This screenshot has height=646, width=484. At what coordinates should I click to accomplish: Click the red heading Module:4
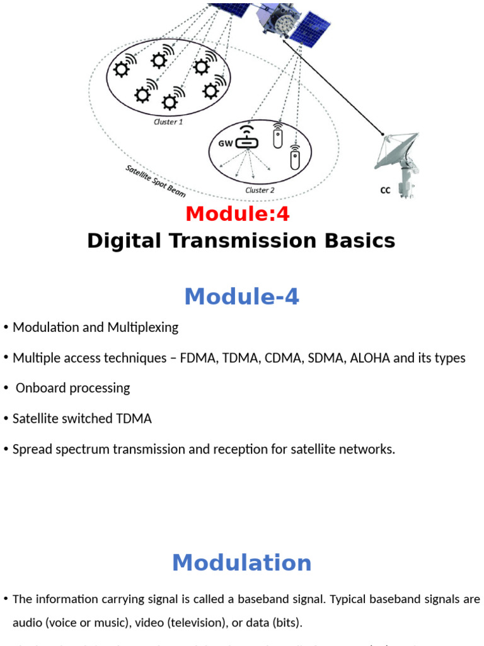click(238, 214)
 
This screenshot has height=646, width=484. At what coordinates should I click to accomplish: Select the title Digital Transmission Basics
click(241, 240)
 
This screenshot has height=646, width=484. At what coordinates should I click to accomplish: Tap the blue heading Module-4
click(241, 296)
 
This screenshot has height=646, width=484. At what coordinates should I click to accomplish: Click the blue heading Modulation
click(241, 563)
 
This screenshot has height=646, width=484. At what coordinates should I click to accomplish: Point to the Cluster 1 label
click(168, 122)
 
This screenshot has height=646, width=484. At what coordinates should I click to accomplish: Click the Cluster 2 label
click(260, 190)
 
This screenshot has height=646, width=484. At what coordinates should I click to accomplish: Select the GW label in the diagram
click(225, 143)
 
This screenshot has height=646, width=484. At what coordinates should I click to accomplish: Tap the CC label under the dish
click(385, 190)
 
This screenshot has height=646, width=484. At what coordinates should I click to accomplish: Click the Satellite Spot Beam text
click(155, 182)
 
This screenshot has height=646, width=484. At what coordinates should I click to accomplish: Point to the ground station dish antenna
click(397, 158)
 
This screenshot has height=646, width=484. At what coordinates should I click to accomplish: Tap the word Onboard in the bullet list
click(41, 388)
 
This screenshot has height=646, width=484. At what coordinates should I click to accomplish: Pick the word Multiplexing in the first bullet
click(142, 327)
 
